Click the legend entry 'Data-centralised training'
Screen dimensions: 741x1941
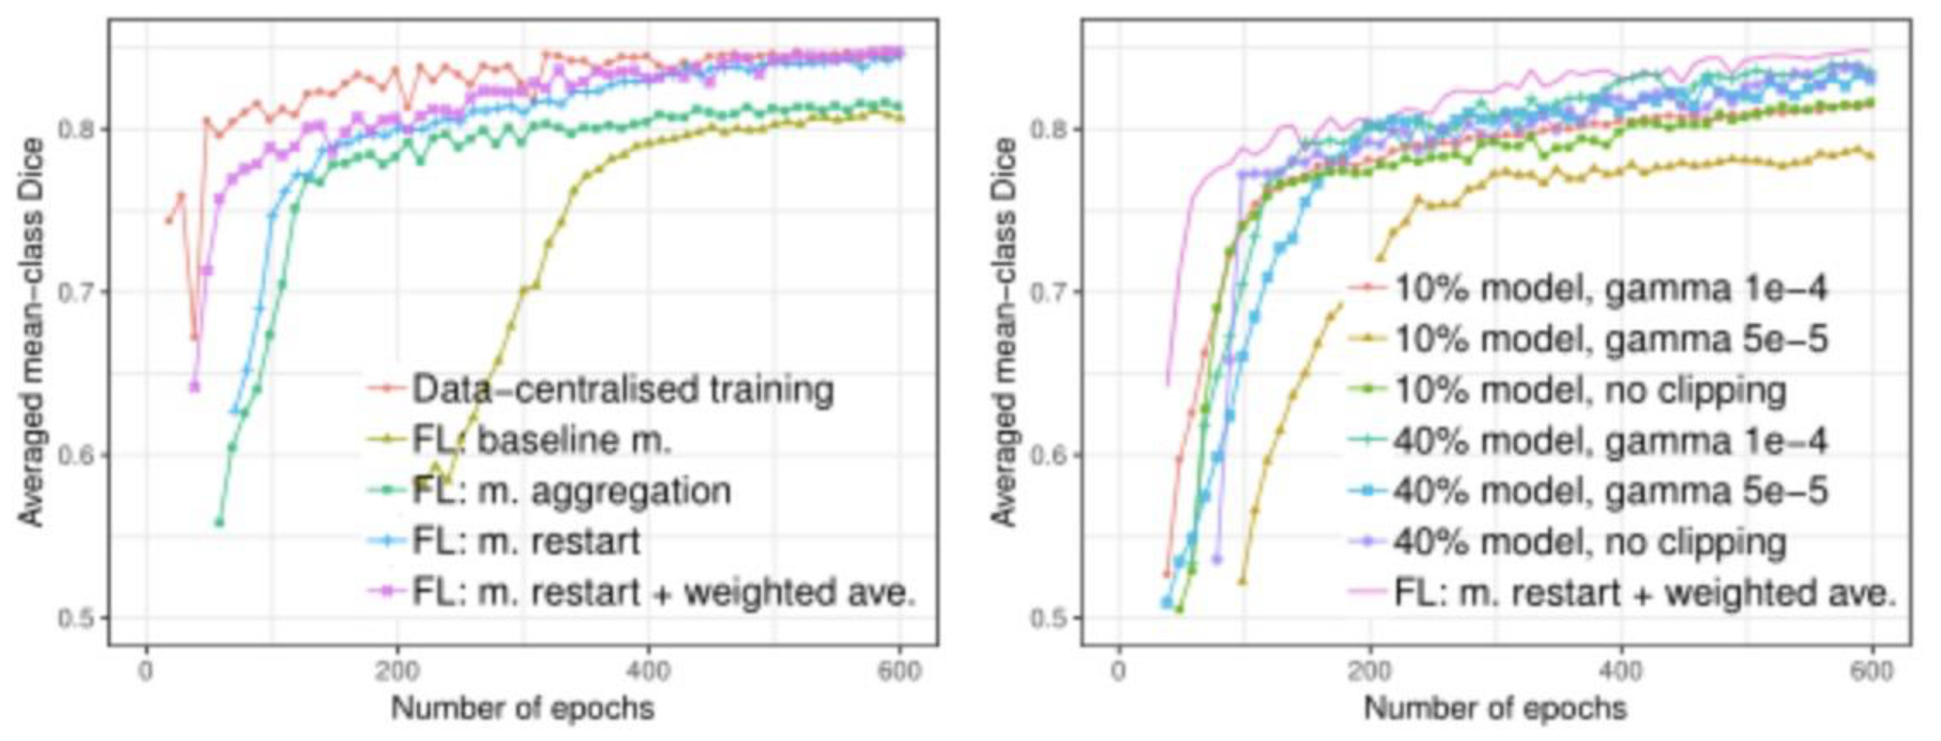tap(622, 389)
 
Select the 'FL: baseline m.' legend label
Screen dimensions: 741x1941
tap(541, 440)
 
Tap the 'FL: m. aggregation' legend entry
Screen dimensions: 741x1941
tap(571, 490)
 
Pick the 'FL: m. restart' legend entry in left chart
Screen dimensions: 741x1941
tap(525, 541)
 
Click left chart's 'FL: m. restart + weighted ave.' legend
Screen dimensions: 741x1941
tap(663, 592)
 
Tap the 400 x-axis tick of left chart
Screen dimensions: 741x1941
tap(648, 670)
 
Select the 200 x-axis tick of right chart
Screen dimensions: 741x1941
tap(1370, 670)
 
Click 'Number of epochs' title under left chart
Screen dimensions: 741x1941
tap(522, 708)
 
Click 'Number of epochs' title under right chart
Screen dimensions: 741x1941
tap(1495, 708)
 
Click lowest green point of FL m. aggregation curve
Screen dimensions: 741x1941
tap(219, 522)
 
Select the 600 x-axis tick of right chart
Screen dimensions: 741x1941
tap(1872, 670)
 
